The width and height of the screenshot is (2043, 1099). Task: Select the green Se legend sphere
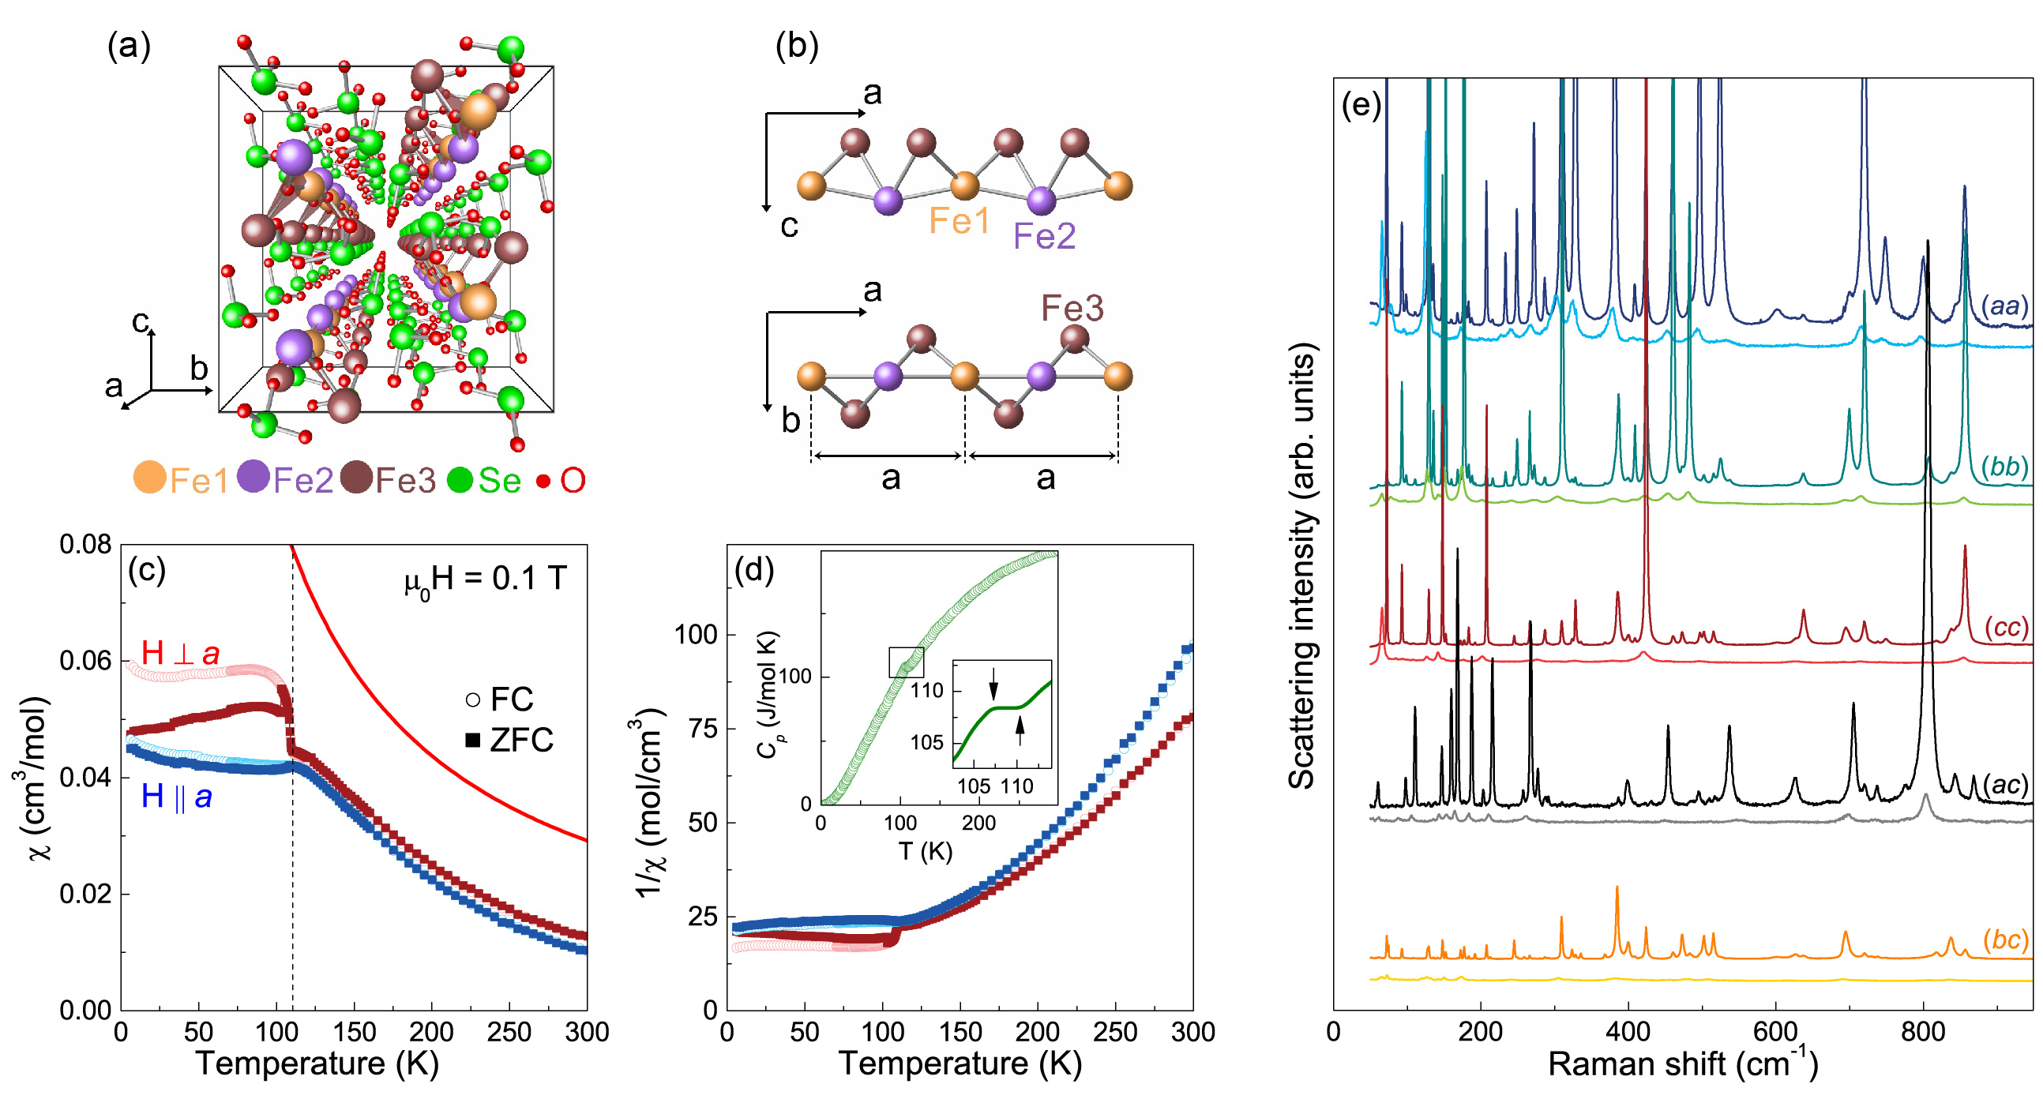pos(460,480)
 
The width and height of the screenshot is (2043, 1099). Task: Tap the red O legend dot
pos(543,481)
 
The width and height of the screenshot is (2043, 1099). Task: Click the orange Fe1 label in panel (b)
pos(959,221)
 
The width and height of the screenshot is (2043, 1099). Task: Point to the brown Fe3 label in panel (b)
pos(1072,308)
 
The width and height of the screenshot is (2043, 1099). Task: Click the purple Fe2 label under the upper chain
pos(1045,235)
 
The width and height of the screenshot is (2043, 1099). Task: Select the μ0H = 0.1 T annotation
pos(486,579)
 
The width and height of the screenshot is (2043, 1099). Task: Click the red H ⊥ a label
pos(180,654)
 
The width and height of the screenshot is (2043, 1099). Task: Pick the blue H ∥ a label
pos(176,796)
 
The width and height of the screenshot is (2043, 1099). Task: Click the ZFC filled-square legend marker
pos(473,740)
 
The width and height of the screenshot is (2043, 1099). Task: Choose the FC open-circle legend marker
pos(473,700)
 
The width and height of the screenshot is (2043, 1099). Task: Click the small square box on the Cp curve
pos(906,662)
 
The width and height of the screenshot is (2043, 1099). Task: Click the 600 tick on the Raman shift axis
pos(1775,1032)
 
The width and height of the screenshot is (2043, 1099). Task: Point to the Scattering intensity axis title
pos(1301,566)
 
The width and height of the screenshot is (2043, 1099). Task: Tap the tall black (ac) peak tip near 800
pos(1927,242)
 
